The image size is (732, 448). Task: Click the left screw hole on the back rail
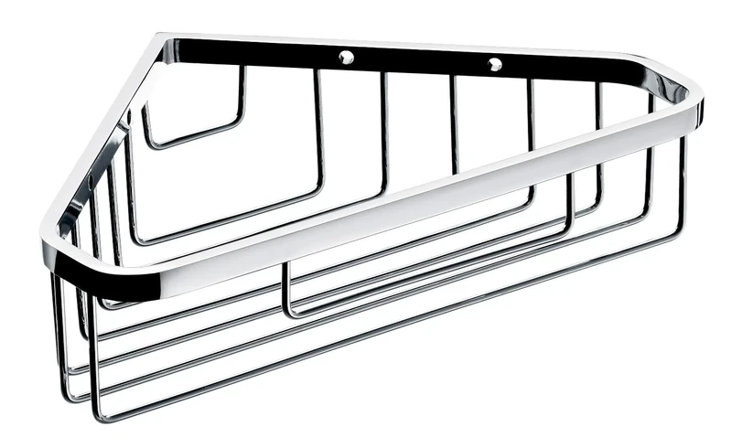pos(347,57)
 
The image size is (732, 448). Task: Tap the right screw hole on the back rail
pos(495,64)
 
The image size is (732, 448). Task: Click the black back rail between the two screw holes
pos(421,59)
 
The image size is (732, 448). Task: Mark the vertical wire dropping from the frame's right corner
pos(683,183)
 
